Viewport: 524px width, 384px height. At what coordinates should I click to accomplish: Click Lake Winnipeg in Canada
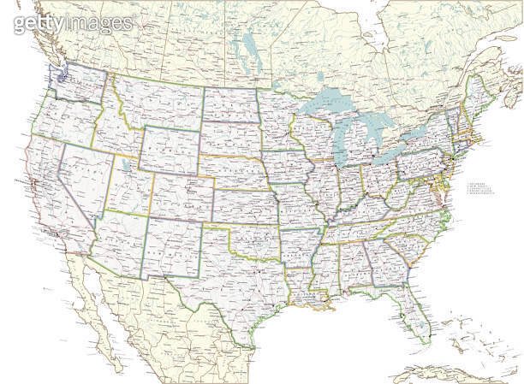click(x=249, y=43)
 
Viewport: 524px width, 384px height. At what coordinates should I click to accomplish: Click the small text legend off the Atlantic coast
click(x=480, y=190)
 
